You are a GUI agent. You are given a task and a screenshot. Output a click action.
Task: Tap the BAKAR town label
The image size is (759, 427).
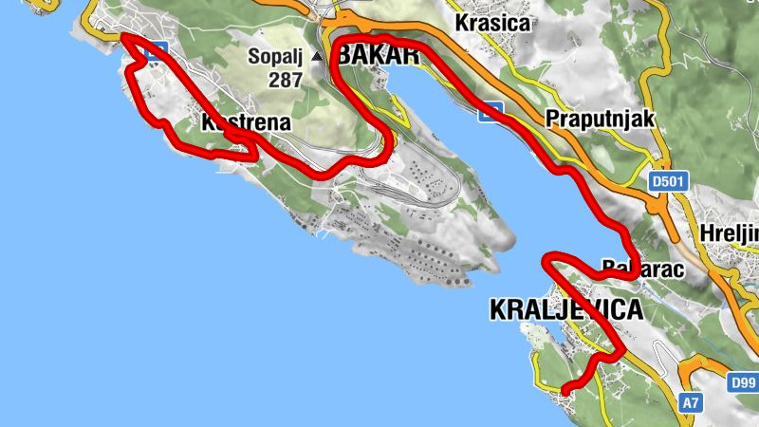378,55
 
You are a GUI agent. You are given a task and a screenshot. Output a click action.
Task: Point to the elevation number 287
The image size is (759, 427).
285,80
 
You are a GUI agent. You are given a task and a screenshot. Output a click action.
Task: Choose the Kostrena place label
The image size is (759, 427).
246,122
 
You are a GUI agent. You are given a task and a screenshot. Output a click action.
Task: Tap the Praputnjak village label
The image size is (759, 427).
601,118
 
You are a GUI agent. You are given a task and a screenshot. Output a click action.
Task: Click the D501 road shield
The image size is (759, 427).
668,178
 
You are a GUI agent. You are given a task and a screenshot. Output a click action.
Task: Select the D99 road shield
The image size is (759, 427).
743,383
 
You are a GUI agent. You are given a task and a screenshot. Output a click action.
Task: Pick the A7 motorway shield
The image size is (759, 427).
692,403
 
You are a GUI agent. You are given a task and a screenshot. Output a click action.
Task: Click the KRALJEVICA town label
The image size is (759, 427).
565,310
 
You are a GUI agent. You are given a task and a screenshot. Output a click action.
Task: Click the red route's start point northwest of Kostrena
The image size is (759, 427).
124,38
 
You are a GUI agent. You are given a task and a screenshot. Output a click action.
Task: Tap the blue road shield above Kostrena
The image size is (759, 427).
159,47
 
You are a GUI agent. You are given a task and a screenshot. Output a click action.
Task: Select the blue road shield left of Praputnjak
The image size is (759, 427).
490,111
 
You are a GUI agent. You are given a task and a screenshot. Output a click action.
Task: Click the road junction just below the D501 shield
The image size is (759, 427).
657,203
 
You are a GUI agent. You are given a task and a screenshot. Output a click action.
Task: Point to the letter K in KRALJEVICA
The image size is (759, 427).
498,310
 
